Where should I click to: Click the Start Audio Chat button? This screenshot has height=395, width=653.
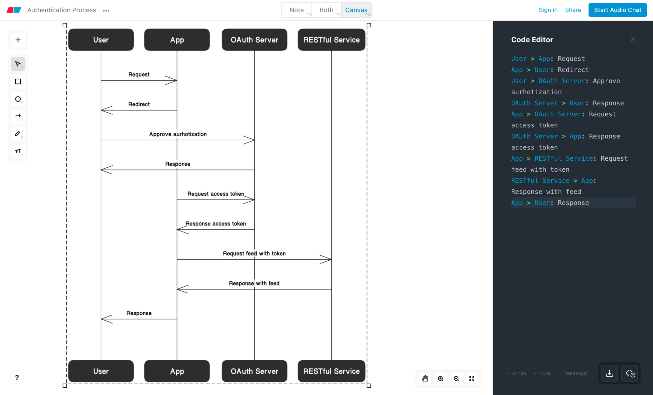(x=617, y=10)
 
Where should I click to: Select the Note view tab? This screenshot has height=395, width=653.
(x=296, y=10)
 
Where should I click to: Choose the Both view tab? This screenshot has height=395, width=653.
(x=326, y=10)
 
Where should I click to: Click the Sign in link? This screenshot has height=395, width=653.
(x=548, y=10)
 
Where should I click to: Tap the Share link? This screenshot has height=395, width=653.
(x=573, y=10)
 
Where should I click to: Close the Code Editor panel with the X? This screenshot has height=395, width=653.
(x=633, y=39)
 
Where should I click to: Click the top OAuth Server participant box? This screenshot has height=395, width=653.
(x=254, y=40)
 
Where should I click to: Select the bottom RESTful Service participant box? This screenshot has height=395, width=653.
(x=331, y=371)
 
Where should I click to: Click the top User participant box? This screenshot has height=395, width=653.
(x=101, y=40)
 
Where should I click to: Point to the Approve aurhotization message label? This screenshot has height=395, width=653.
(x=178, y=134)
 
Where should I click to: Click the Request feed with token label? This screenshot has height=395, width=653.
(x=254, y=253)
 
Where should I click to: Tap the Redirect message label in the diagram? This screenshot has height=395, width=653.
(x=139, y=104)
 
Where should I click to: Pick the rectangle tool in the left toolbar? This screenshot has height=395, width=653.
(x=18, y=82)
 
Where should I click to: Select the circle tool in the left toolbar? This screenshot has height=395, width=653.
(x=18, y=99)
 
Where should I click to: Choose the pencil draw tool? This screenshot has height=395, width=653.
(x=18, y=134)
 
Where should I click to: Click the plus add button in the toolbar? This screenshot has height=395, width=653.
(x=18, y=40)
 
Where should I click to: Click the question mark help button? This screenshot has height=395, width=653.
(x=17, y=377)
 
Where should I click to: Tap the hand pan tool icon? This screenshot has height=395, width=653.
(x=425, y=378)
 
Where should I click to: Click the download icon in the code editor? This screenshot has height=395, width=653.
(x=609, y=373)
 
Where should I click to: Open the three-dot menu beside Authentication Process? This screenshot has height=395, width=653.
(x=106, y=10)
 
